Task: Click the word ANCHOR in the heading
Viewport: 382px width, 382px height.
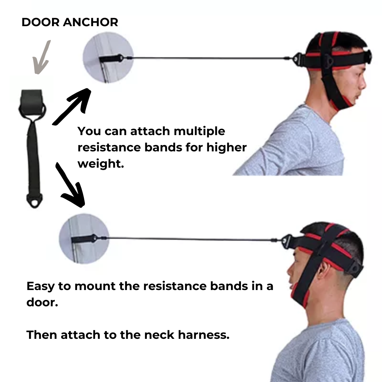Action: click(x=91, y=22)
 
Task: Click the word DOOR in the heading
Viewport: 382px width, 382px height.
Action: click(x=41, y=22)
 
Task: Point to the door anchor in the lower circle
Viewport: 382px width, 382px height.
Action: click(x=85, y=238)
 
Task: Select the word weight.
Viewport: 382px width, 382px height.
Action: click(x=100, y=164)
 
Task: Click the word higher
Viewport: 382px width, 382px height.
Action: click(x=227, y=147)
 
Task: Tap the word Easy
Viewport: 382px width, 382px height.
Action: click(x=40, y=286)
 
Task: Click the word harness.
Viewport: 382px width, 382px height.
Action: click(x=204, y=335)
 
